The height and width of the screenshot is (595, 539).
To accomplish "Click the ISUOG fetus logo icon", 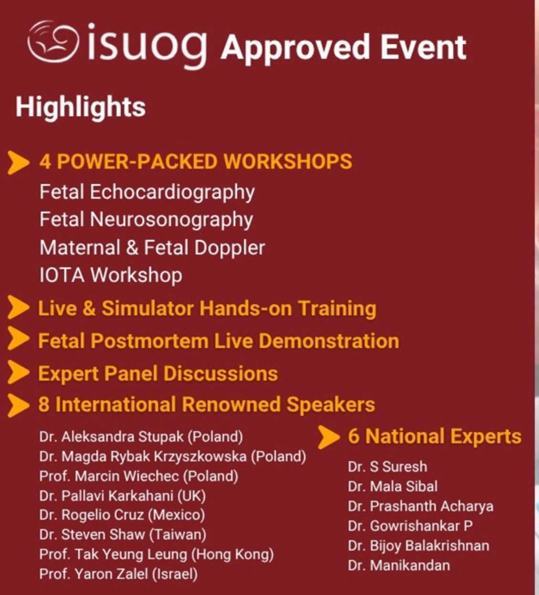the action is [53, 41].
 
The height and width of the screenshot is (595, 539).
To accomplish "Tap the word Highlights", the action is [81, 107].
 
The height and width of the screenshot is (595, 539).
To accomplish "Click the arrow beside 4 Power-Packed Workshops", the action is [19, 162].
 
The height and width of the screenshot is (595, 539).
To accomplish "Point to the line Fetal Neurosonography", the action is [146, 220].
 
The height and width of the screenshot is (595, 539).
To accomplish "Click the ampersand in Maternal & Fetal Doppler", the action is [132, 248].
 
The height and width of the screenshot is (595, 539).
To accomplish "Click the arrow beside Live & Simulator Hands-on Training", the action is [19, 307].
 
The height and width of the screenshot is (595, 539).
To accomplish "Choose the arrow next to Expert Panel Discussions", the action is [19, 373].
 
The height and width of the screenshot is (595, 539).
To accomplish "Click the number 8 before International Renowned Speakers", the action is [43, 404].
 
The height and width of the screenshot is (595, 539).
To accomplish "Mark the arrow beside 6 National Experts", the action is [328, 437].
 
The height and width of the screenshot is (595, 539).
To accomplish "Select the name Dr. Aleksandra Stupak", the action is [112, 437].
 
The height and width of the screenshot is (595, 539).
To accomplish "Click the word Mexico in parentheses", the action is [176, 515].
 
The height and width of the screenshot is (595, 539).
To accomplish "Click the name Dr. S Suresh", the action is [388, 467].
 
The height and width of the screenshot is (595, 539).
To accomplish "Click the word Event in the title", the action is [423, 47].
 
